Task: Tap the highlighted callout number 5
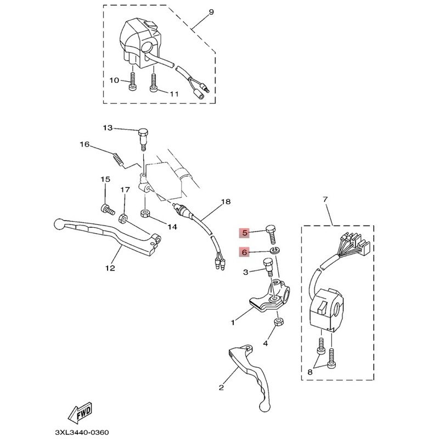click(245, 233)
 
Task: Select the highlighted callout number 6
click(245, 252)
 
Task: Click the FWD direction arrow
click(80, 409)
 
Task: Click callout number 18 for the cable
click(223, 201)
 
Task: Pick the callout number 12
click(110, 268)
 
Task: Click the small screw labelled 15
click(106, 209)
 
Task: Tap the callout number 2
click(221, 387)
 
